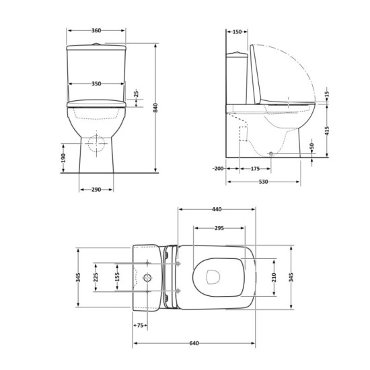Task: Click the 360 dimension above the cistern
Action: (x=96, y=30)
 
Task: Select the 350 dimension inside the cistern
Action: (x=96, y=84)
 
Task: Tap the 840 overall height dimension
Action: (x=155, y=108)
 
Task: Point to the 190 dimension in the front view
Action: (x=63, y=158)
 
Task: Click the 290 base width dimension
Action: (x=96, y=190)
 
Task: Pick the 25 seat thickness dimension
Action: (x=137, y=94)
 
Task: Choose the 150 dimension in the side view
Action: (x=237, y=32)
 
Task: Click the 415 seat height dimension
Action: (x=327, y=131)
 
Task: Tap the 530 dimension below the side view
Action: (x=263, y=182)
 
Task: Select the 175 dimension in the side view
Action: (x=255, y=169)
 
